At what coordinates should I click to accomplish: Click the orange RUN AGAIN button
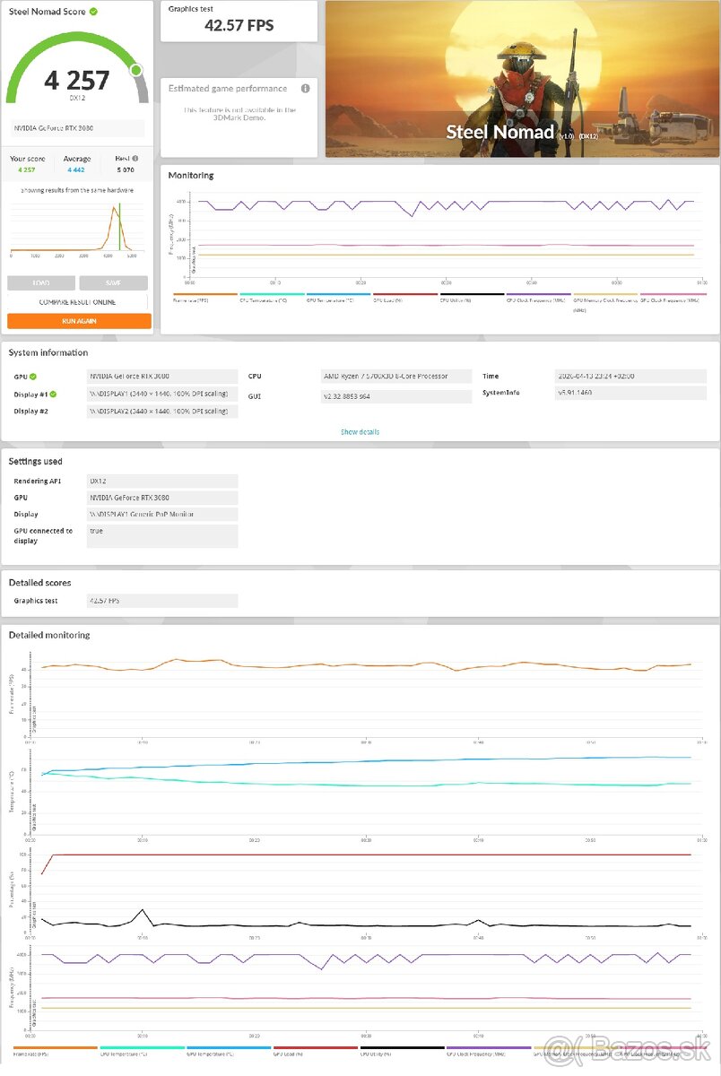point(79,321)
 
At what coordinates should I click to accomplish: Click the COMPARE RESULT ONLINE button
point(79,302)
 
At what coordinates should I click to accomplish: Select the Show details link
point(360,432)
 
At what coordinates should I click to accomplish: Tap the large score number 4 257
point(77,81)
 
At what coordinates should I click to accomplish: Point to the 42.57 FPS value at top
point(239,26)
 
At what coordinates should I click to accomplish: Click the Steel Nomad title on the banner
point(500,133)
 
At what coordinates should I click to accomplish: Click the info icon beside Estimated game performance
point(305,89)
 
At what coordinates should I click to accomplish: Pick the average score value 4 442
point(77,169)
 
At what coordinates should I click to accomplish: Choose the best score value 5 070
point(125,169)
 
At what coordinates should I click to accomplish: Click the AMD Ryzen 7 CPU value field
point(396,377)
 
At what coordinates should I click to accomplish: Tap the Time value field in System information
point(630,377)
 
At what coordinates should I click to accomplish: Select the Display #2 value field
point(162,411)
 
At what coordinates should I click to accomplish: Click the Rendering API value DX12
point(162,482)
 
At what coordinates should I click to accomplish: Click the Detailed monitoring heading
point(49,635)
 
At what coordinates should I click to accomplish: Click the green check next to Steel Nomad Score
point(94,12)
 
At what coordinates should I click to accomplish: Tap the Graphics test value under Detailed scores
point(162,601)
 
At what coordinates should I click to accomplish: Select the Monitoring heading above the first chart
point(191,176)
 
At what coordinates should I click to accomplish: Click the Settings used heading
point(36,462)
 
